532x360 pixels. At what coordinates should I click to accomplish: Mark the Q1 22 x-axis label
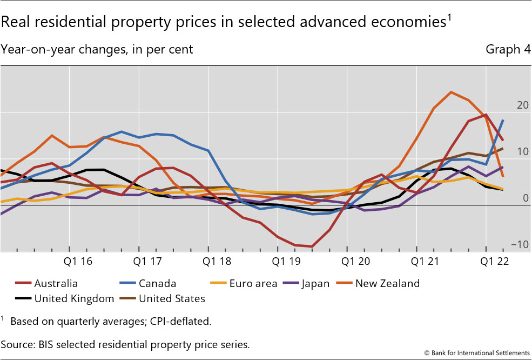496,262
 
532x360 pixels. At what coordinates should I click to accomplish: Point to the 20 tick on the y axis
522,105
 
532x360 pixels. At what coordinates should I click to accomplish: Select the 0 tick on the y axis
524,198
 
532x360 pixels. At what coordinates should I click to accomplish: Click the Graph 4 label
508,50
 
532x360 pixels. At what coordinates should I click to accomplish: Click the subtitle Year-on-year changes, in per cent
97,50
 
